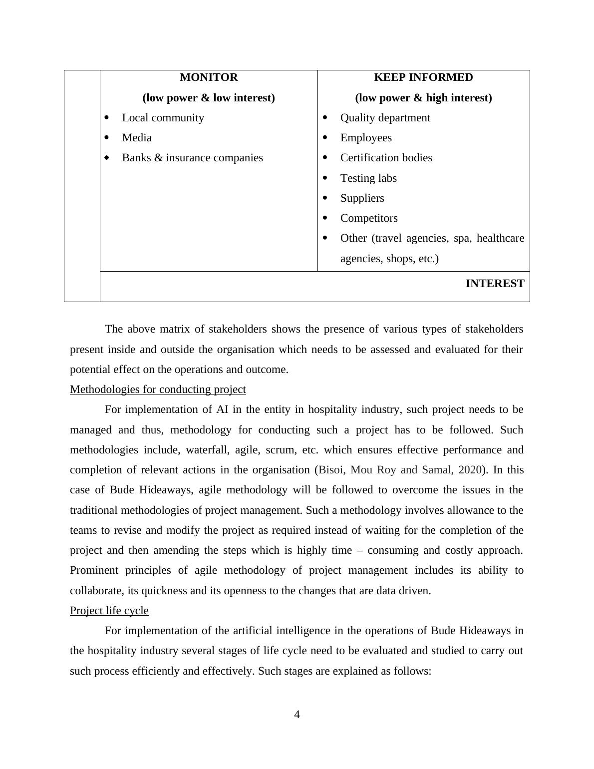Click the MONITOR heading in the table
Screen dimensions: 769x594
click(x=209, y=77)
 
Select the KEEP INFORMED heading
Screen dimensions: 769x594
click(x=423, y=77)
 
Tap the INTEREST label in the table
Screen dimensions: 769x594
click(x=495, y=284)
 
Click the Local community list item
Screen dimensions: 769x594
click(x=163, y=118)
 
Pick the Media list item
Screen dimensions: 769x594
click(x=137, y=138)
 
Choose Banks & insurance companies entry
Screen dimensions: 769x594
click(x=192, y=158)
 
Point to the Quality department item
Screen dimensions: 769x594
click(x=385, y=118)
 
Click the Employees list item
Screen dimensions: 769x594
click(x=366, y=138)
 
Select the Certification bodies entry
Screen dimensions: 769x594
click(x=386, y=158)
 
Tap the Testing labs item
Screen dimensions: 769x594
click(x=368, y=178)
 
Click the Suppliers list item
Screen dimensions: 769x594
click(x=362, y=198)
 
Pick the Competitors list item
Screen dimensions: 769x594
click(x=369, y=218)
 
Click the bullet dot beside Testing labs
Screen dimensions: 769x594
click(x=325, y=178)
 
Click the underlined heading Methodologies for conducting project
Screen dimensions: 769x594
click(x=158, y=389)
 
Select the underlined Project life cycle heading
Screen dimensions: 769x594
click(x=109, y=611)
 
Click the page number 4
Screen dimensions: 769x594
click(x=297, y=715)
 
